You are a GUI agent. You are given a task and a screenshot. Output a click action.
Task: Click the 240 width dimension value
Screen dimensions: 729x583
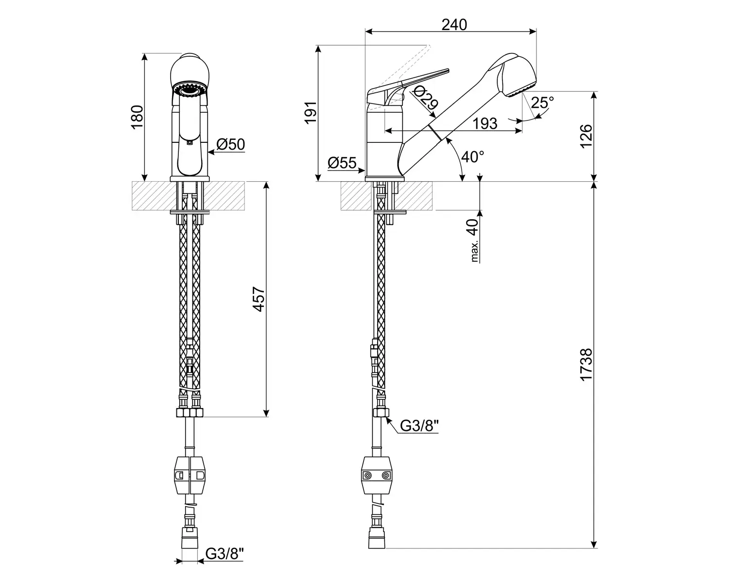(454, 25)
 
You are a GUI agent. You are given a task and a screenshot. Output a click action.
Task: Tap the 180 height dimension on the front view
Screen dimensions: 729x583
(137, 117)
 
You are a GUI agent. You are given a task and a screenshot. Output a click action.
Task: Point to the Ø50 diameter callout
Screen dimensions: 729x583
(230, 145)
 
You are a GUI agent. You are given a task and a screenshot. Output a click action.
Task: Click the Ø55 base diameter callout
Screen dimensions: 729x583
(342, 163)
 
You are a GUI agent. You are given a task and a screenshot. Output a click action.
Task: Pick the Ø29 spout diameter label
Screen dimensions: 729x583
(425, 98)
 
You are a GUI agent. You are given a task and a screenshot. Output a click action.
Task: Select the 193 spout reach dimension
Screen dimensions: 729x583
(485, 124)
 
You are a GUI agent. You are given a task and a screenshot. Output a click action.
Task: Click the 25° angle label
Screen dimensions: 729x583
(542, 103)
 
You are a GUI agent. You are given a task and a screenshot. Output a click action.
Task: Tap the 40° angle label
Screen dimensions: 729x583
(472, 157)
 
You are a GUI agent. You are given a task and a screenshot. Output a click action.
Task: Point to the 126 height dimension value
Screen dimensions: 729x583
(587, 136)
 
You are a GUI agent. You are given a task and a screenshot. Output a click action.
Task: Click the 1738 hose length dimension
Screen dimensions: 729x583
(587, 365)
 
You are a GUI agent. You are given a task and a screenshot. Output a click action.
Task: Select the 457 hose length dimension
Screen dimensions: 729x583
(259, 299)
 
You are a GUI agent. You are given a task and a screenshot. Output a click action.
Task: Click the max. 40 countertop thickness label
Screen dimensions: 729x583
(474, 240)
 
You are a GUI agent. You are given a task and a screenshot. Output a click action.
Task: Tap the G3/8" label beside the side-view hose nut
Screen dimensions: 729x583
(419, 426)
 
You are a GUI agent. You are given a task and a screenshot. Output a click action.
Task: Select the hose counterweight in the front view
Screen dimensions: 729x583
(190, 475)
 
